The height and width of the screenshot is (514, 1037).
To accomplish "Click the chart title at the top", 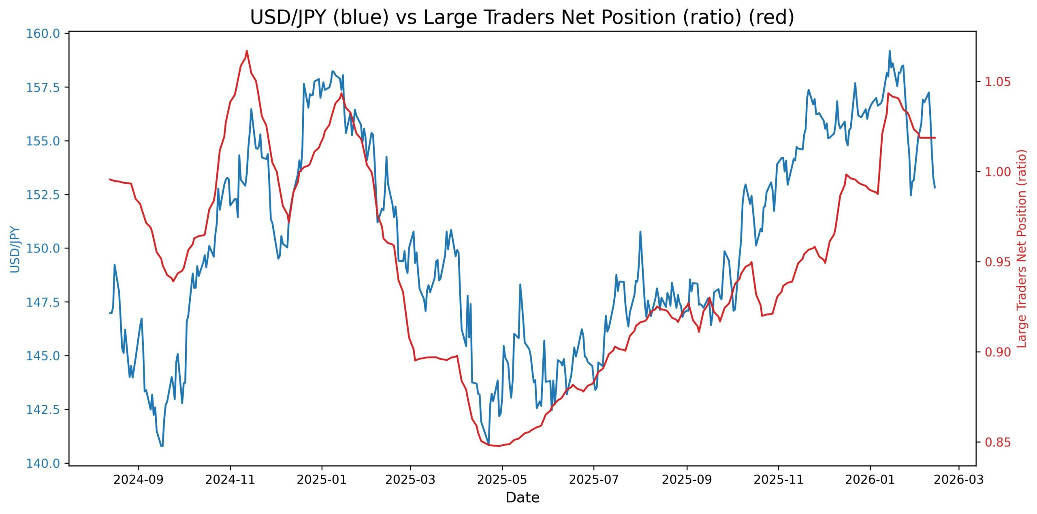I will coord(522,17).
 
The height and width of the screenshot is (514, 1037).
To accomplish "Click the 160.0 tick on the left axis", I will coord(43,33).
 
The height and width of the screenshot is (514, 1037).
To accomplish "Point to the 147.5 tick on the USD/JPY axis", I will coord(43,302).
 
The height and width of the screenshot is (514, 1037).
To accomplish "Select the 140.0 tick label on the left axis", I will coord(43,463).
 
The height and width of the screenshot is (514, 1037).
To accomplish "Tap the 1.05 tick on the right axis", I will coord(998,82).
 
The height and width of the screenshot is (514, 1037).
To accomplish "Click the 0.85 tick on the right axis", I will coord(998,442).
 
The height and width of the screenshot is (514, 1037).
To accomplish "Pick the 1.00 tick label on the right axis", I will coord(998,172).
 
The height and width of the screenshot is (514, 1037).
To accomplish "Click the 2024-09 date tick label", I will coord(139,480).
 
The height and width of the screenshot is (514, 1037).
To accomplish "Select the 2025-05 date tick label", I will coord(502,480).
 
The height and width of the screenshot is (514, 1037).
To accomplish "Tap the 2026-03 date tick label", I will coord(958,480).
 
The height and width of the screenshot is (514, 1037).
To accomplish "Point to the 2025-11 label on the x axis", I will coord(778,480).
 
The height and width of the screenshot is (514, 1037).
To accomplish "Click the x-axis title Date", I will coord(522,497).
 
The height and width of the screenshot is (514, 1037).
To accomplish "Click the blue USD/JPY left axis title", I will coord(15,249).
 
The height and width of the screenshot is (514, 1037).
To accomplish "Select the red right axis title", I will coord(1022,248).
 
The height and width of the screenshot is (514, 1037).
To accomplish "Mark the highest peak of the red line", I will coord(247,51).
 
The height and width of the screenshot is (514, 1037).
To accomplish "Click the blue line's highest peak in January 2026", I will coord(890,51).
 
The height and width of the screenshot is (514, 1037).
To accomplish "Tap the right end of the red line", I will coord(935,138).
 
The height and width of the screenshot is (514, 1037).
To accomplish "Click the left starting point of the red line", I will coord(110,179).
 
